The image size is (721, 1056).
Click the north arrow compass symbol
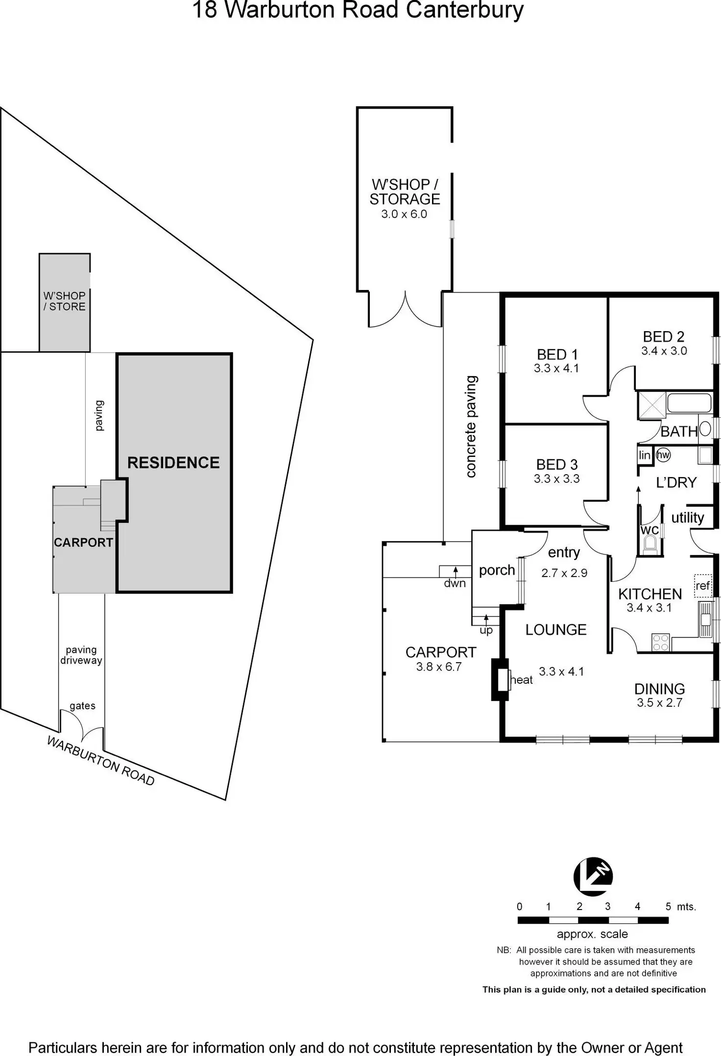(x=593, y=876)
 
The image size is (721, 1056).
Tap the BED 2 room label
(x=663, y=337)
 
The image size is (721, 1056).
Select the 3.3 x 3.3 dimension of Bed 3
(x=556, y=479)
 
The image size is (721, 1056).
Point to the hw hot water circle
(x=663, y=455)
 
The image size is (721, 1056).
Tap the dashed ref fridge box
(x=703, y=586)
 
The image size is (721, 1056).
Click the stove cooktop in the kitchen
(x=661, y=642)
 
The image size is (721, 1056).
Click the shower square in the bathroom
(x=651, y=405)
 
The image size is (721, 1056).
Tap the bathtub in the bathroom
(x=689, y=403)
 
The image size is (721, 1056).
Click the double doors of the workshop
(x=405, y=310)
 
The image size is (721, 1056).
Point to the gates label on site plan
(x=82, y=706)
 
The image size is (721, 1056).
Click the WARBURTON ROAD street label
(x=100, y=761)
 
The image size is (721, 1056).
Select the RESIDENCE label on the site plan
(x=173, y=463)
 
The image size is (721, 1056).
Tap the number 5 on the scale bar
(x=668, y=907)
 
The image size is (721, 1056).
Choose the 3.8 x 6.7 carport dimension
(x=439, y=667)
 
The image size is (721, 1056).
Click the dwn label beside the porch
(x=455, y=583)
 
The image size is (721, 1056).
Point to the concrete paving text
(x=471, y=426)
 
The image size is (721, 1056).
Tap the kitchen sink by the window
(x=705, y=619)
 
